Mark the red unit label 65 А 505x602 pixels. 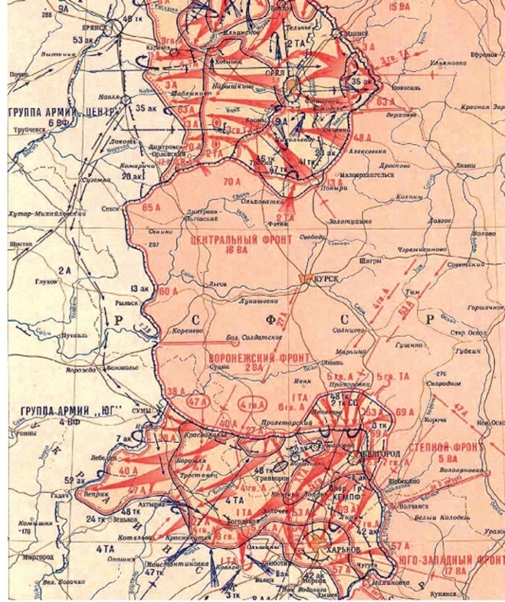tap(152, 207)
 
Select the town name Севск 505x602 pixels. tap(111, 206)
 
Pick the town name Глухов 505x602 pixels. tap(47, 281)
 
